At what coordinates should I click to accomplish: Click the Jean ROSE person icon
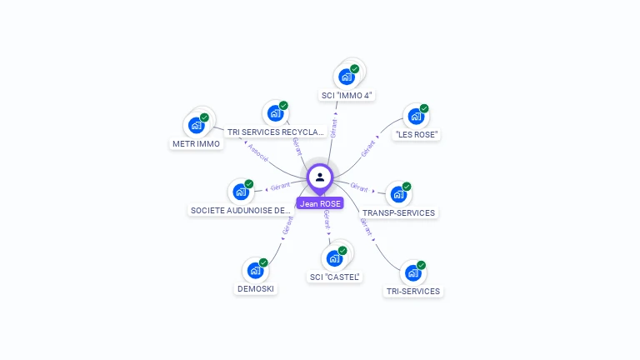coord(320,177)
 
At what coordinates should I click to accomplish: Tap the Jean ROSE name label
coord(320,203)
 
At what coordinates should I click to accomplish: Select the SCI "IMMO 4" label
coord(347,95)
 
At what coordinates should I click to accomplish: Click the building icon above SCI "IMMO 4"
coord(346,77)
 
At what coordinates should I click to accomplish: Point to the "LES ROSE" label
coord(416,135)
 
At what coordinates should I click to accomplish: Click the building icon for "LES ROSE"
coord(415,117)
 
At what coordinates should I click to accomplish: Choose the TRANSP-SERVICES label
coord(398,212)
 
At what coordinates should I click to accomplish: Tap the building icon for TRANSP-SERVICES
coord(397,195)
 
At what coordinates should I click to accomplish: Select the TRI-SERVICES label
coord(413,291)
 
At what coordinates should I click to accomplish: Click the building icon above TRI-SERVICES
coord(412,273)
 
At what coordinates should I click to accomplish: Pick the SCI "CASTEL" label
coord(335,277)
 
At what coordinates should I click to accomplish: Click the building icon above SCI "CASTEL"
coord(334,258)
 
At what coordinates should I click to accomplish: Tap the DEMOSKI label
coord(255,289)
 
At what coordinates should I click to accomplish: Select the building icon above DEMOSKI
coord(254,271)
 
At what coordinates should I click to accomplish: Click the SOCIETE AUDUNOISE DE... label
coord(240,210)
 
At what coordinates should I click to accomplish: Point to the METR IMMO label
coord(196,143)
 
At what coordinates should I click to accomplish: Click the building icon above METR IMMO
coord(196,125)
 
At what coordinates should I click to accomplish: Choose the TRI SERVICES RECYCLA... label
coord(275,132)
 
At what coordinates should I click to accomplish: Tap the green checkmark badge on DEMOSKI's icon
coord(263,262)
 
